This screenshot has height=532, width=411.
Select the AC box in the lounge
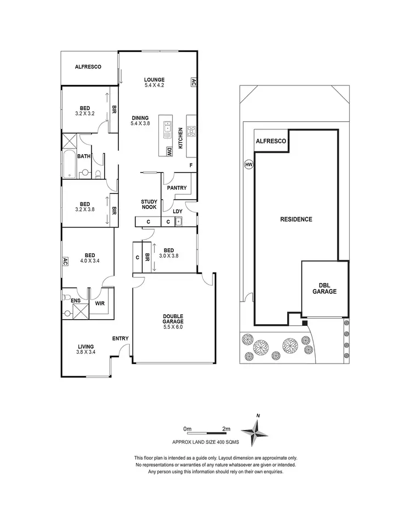(x=193, y=82)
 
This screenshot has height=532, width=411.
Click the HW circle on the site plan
(x=249, y=163)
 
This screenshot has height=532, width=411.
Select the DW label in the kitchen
(x=169, y=151)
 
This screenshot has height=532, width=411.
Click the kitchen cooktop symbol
(x=192, y=131)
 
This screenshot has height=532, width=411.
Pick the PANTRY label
(x=177, y=188)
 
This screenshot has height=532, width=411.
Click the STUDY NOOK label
(x=149, y=204)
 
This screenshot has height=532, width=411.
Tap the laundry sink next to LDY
(x=178, y=222)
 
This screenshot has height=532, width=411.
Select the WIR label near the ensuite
(x=100, y=302)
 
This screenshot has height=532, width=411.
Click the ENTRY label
(x=121, y=338)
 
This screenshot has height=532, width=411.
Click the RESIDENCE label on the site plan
(x=296, y=219)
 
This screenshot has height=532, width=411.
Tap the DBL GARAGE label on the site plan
(x=326, y=288)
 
